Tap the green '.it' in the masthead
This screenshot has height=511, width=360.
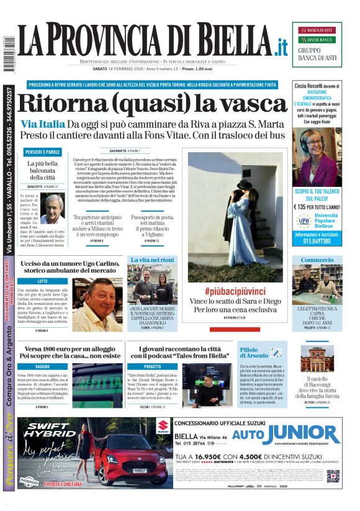(282, 47)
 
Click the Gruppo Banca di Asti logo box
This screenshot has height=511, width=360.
(317, 44)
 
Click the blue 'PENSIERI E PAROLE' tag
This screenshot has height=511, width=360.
(43, 152)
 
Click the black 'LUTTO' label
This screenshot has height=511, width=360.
(43, 281)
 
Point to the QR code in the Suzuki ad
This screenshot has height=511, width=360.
(333, 476)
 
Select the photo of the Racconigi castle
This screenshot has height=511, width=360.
(317, 360)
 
